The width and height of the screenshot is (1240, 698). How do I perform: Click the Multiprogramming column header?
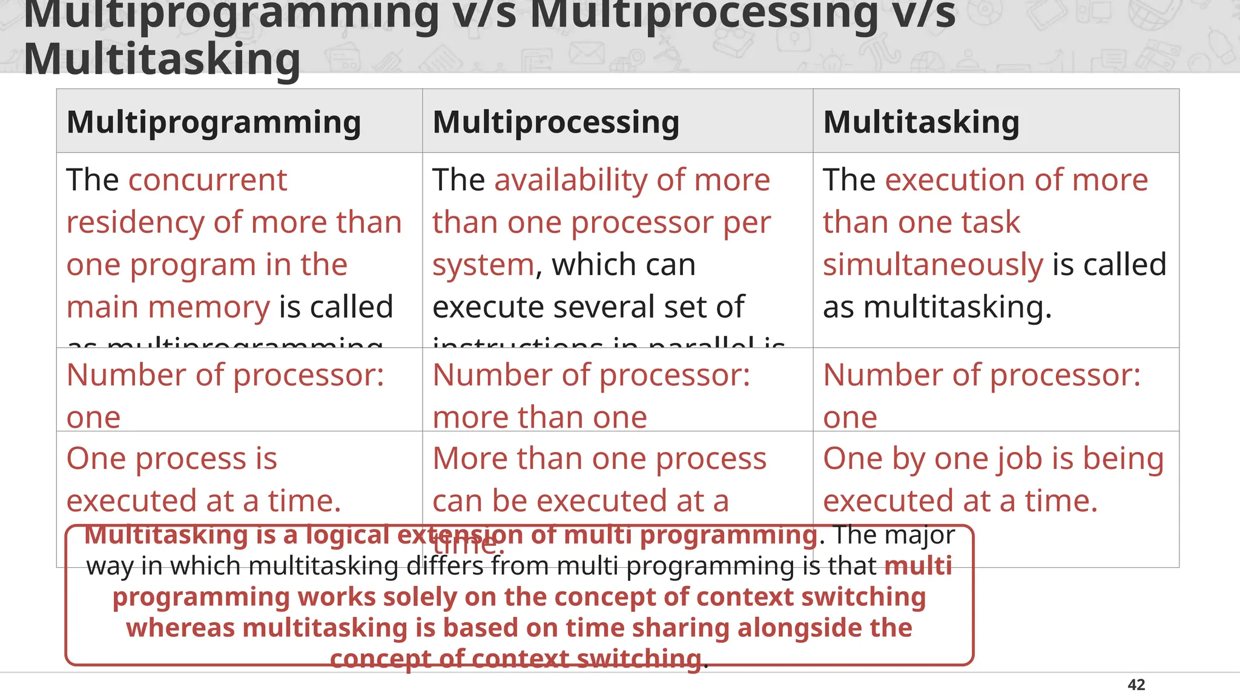[x=214, y=122]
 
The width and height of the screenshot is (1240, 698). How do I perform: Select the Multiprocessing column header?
[x=556, y=122]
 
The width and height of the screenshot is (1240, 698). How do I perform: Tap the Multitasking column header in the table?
[x=921, y=122]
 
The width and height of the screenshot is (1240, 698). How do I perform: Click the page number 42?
[x=1136, y=685]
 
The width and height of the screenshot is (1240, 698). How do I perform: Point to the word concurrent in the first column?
[x=207, y=181]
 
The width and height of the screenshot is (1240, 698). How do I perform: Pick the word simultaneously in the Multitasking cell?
[x=933, y=265]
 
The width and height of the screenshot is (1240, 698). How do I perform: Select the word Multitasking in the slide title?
[x=162, y=59]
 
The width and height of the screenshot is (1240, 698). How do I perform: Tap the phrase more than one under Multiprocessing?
[x=539, y=418]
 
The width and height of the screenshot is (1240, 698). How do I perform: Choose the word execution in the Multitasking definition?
[x=955, y=181]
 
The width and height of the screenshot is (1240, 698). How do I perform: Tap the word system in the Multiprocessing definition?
[x=483, y=265]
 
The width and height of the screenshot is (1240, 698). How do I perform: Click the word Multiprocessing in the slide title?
[x=703, y=13]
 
